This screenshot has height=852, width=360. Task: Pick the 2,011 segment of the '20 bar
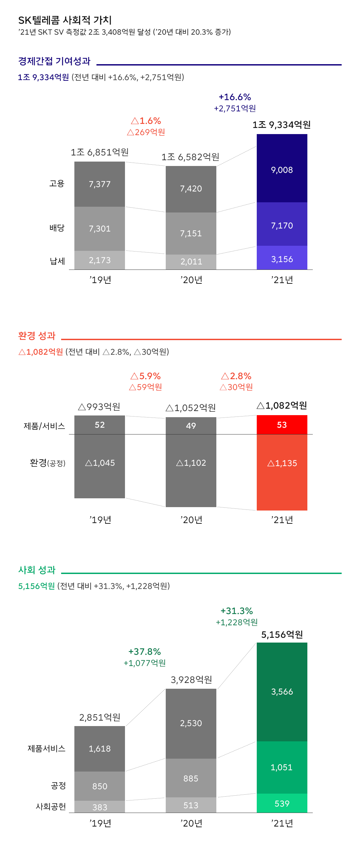click(x=191, y=262)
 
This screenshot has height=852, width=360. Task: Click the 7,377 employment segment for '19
click(x=100, y=184)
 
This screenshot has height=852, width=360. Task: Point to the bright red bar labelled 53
click(x=282, y=425)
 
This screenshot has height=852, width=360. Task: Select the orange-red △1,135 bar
click(x=282, y=472)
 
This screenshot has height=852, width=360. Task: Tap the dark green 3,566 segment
click(x=282, y=692)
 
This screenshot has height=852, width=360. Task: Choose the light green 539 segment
click(x=282, y=803)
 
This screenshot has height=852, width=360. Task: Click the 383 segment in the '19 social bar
click(x=100, y=807)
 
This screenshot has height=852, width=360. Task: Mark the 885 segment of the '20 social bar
click(x=191, y=778)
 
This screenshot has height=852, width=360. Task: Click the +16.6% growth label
click(x=235, y=97)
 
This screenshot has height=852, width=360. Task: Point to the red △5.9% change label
click(x=145, y=376)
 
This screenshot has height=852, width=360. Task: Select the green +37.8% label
click(x=145, y=652)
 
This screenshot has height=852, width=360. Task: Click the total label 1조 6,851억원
click(x=100, y=152)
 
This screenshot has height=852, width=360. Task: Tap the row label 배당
click(x=57, y=228)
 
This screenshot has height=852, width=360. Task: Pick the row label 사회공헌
click(x=51, y=807)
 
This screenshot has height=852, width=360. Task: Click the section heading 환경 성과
click(x=37, y=336)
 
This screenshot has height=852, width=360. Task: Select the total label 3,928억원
click(x=191, y=680)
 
